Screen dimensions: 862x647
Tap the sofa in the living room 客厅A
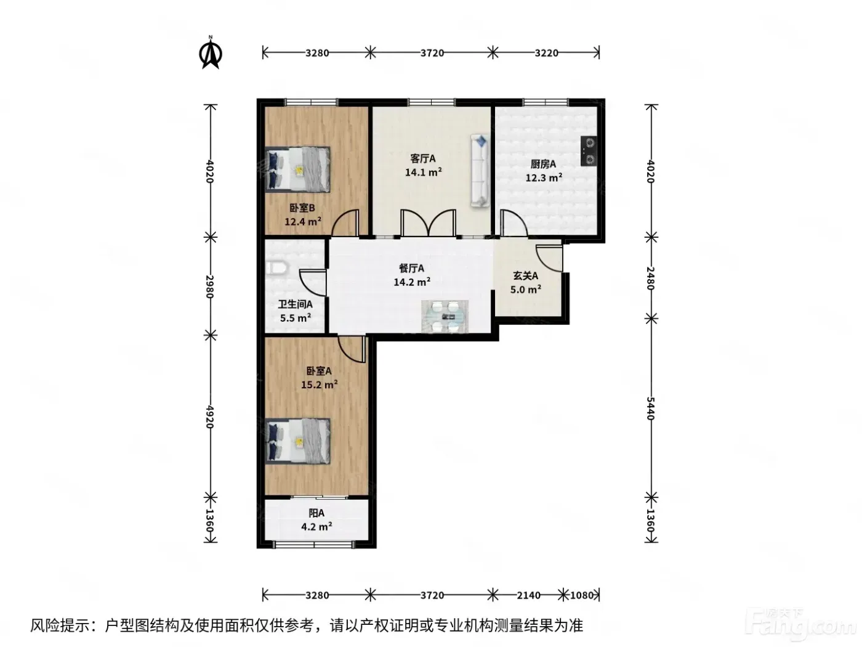[x=480, y=171]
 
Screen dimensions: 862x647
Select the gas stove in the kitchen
[x=589, y=151]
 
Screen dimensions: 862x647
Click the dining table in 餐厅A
[x=445, y=316]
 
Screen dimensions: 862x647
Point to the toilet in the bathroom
[x=276, y=268]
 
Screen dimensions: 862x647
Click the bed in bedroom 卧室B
[x=297, y=169]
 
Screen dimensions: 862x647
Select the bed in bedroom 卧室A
[x=297, y=441]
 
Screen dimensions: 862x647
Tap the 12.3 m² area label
[x=544, y=177]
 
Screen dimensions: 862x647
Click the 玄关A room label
[x=525, y=276]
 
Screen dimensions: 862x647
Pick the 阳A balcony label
[x=316, y=513]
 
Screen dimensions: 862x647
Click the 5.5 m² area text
[x=296, y=317]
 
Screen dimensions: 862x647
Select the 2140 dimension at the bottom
[x=528, y=595]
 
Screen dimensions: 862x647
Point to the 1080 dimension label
[x=582, y=595]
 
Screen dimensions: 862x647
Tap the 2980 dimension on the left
[x=210, y=287]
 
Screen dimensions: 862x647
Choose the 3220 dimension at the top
[x=546, y=52]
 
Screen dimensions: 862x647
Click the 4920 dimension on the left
[x=210, y=417]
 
